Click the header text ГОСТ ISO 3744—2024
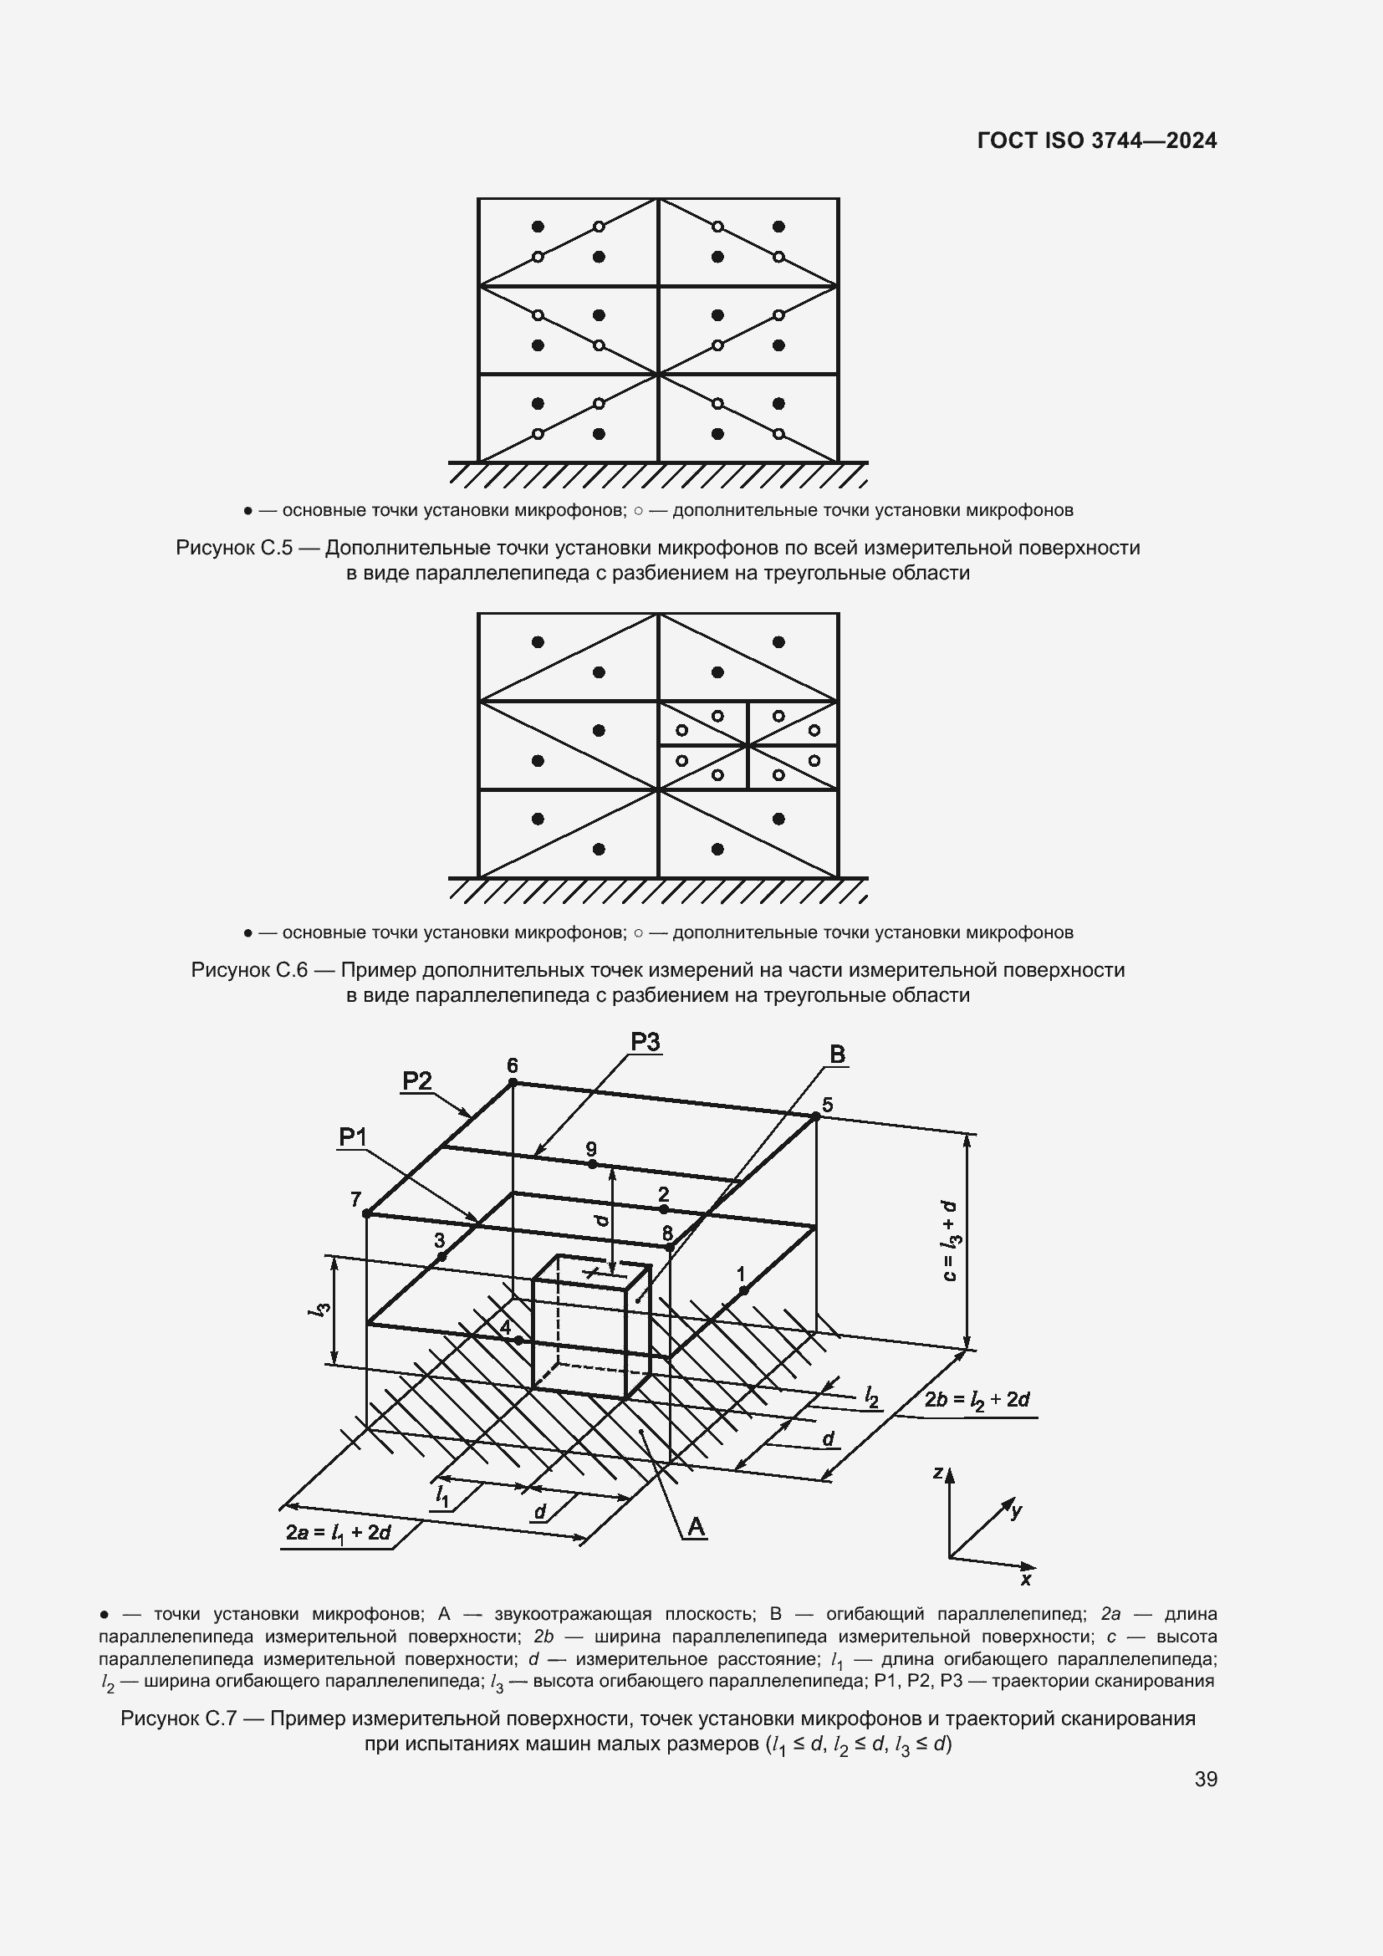(1097, 141)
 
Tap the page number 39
(1205, 1779)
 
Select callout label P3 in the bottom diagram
(645, 1042)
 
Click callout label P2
(416, 1081)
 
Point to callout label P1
(353, 1136)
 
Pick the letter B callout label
(837, 1055)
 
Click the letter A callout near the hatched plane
(696, 1528)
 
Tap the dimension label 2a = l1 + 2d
(338, 1533)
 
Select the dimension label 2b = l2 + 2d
(977, 1400)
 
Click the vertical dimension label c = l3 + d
(951, 1241)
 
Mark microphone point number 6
(513, 1082)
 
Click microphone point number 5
(815, 1116)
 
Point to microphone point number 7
(366, 1213)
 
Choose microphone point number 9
(592, 1163)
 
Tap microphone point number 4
(518, 1340)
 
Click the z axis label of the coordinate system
(936, 1472)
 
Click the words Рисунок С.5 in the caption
(232, 548)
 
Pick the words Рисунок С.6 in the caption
(248, 970)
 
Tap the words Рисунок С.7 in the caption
(177, 1719)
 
